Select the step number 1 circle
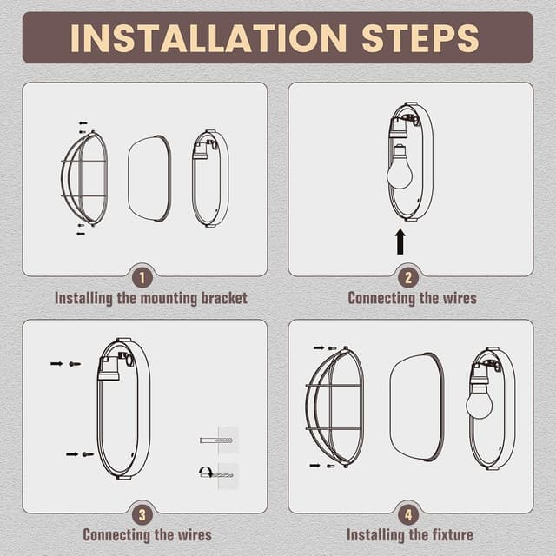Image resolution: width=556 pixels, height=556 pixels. (143, 278)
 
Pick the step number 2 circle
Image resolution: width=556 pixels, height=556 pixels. (409, 278)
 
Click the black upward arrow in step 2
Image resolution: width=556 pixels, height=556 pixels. (400, 242)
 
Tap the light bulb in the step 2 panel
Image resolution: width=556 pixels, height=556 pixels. (399, 171)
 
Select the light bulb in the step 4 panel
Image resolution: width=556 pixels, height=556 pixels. (479, 401)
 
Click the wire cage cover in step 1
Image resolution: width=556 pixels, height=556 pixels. (85, 177)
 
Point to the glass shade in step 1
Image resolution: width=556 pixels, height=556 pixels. (149, 178)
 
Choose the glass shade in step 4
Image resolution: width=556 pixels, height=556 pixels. (417, 407)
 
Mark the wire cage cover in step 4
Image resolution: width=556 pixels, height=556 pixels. (334, 407)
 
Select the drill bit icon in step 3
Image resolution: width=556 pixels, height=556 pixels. (216, 473)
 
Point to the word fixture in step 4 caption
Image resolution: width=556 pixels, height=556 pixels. (445, 534)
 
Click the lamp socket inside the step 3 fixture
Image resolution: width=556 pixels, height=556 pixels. (109, 373)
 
